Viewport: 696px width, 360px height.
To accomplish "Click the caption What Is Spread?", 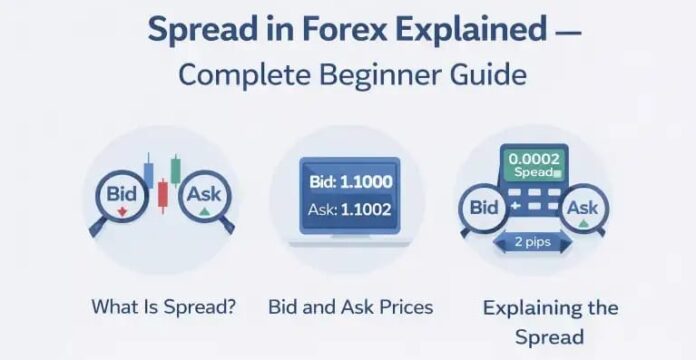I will tap(164, 306).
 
